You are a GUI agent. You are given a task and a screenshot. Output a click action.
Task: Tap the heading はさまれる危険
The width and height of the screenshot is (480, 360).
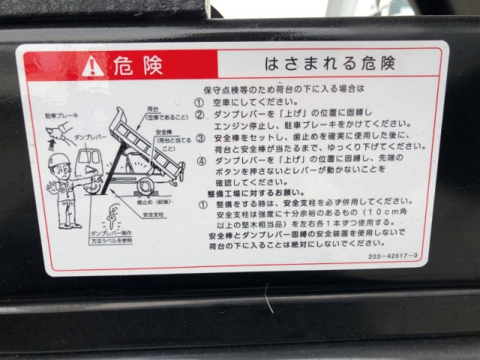click(329, 64)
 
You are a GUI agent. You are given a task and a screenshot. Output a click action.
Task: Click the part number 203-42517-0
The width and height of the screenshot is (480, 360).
click(414, 256)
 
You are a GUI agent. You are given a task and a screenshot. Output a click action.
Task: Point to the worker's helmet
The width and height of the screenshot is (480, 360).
click(58, 160)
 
